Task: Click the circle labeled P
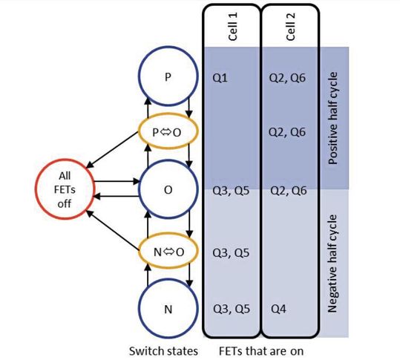167,78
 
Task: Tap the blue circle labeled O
167,189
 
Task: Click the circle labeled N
167,307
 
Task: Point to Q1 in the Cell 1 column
220,78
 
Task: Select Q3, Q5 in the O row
230,189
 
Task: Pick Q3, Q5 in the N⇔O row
230,252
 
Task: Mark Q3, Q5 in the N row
230,307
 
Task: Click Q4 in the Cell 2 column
276,307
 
